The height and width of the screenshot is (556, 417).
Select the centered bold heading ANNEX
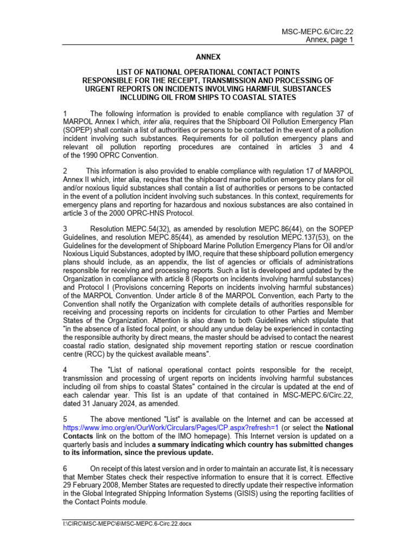pos(208,56)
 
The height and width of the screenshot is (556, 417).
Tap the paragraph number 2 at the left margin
pos(66,171)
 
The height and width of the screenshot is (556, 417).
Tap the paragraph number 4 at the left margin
pos(66,369)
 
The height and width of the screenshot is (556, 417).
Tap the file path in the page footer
pos(128,524)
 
